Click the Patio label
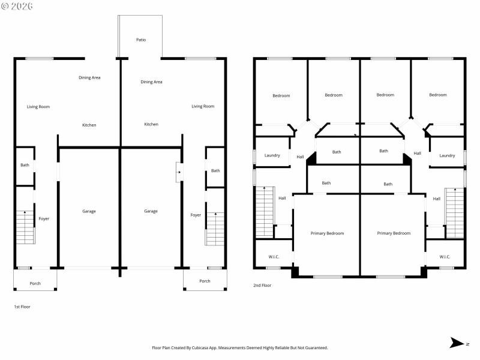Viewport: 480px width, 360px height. pos(141,40)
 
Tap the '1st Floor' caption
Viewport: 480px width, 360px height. pos(22,307)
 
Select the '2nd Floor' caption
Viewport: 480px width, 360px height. pos(262,285)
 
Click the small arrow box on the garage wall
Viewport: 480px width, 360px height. pos(178,172)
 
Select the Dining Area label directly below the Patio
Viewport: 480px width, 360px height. pos(151,82)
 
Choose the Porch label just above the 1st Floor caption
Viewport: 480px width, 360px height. pos(35,283)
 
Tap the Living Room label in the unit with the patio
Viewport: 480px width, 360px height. pos(203,106)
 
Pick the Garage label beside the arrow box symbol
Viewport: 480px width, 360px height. pos(151,211)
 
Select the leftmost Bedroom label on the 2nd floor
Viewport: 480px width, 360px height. pos(281,95)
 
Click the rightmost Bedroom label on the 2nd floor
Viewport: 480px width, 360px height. pos(437,95)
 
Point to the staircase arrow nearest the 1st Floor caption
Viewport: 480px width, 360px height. pos(25,214)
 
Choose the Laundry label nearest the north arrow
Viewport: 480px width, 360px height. pos(446,155)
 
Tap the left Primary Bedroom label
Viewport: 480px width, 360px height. pos(327,233)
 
